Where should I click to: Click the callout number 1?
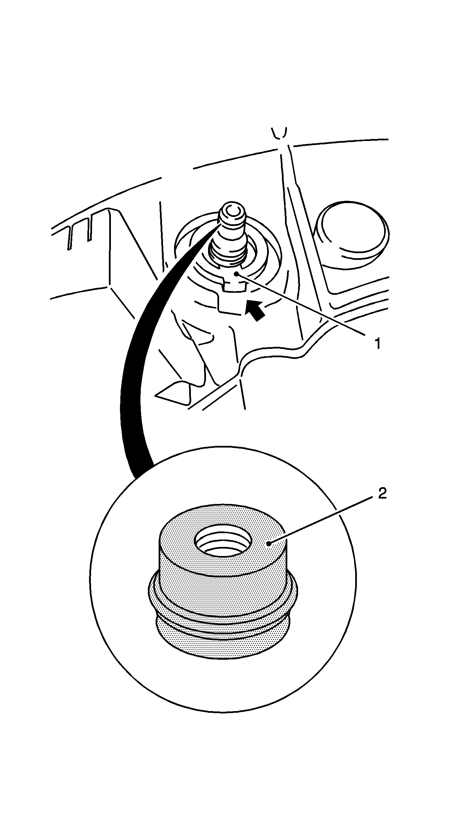(x=378, y=343)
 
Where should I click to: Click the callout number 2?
(x=382, y=493)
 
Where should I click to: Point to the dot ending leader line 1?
(x=237, y=274)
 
